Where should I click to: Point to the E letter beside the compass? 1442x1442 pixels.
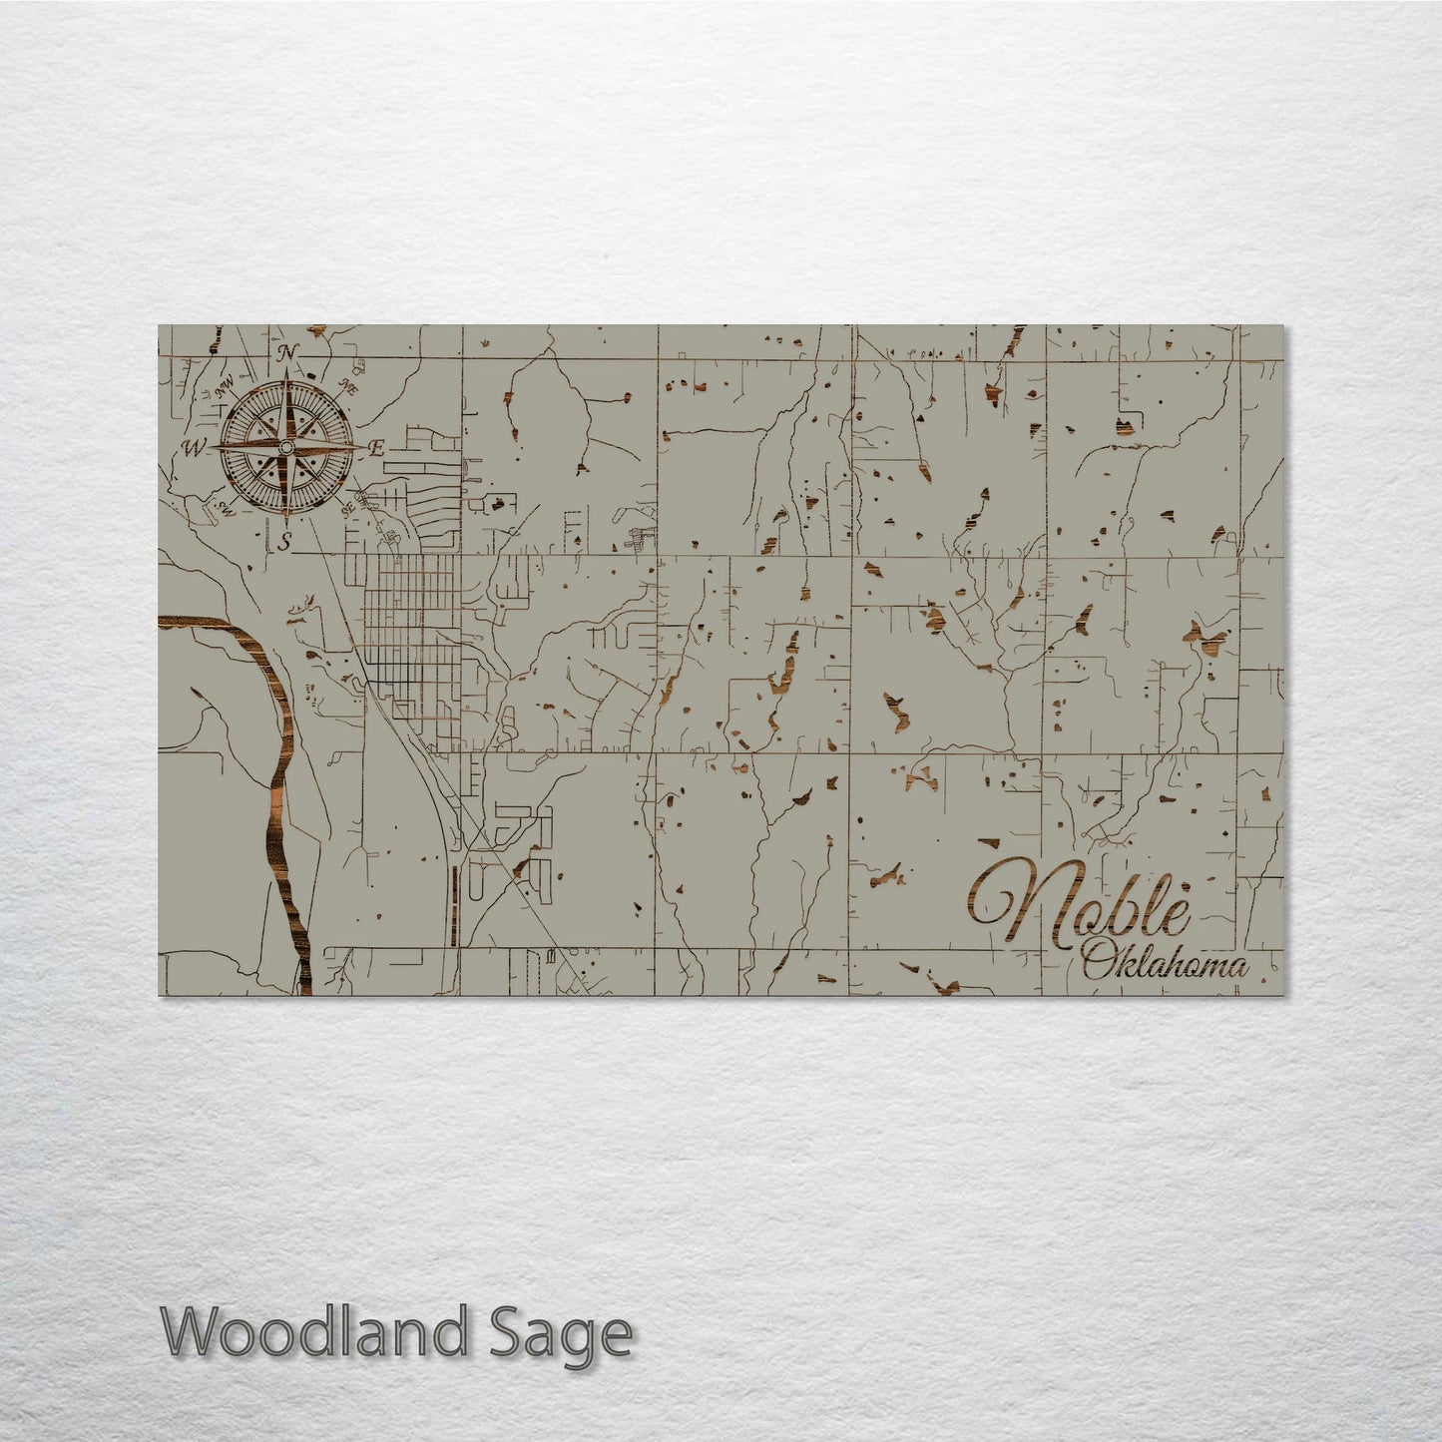pos(377,449)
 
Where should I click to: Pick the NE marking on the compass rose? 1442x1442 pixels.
pos(349,385)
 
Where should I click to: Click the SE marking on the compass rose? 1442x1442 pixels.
pos(349,508)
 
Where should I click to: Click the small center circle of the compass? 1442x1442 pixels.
pos(287,447)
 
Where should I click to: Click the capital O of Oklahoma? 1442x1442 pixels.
pos(1097,964)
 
